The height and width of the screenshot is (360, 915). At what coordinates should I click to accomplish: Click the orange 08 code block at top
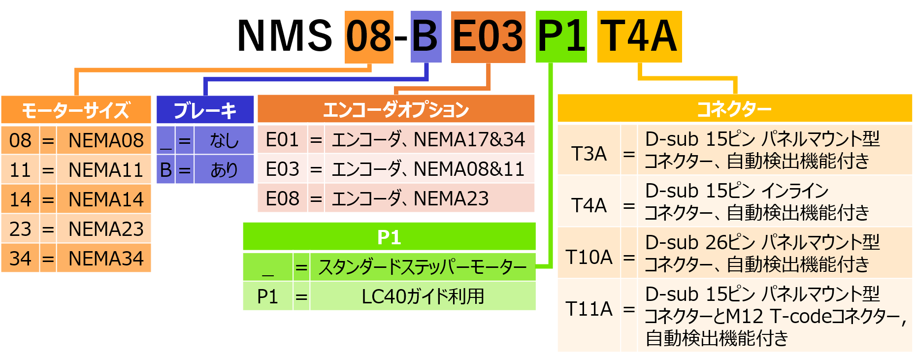click(x=369, y=37)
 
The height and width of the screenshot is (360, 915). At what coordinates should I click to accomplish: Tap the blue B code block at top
click(x=426, y=37)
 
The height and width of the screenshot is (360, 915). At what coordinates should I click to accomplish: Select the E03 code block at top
click(x=488, y=37)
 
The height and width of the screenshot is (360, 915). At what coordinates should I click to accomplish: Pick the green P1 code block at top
click(x=561, y=37)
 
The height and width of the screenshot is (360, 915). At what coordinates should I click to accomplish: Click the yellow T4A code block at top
click(x=639, y=37)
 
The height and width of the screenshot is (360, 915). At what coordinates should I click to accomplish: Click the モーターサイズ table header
click(x=76, y=110)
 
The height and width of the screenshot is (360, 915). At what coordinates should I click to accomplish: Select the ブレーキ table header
click(x=205, y=110)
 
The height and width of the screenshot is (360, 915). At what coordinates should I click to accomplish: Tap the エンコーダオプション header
click(x=396, y=109)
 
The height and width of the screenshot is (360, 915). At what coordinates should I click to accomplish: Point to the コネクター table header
click(x=734, y=108)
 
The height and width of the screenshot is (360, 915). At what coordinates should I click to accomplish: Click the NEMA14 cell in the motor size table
click(x=105, y=199)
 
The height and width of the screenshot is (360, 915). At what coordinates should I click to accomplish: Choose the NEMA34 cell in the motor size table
click(x=105, y=259)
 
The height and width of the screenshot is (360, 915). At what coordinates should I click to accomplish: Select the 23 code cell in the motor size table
click(x=20, y=229)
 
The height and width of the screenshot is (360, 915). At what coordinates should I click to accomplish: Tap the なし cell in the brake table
click(x=224, y=141)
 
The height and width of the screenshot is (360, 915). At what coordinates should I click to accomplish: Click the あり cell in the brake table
click(x=224, y=170)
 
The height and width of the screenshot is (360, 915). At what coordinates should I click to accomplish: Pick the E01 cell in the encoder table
click(x=282, y=140)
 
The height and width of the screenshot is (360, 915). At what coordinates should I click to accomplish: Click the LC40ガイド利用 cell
click(x=423, y=296)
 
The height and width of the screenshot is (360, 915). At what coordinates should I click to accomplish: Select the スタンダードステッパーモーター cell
click(x=423, y=267)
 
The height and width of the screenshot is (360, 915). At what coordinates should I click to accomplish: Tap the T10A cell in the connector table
click(x=589, y=257)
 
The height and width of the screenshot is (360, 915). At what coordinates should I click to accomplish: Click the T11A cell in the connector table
click(x=589, y=309)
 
